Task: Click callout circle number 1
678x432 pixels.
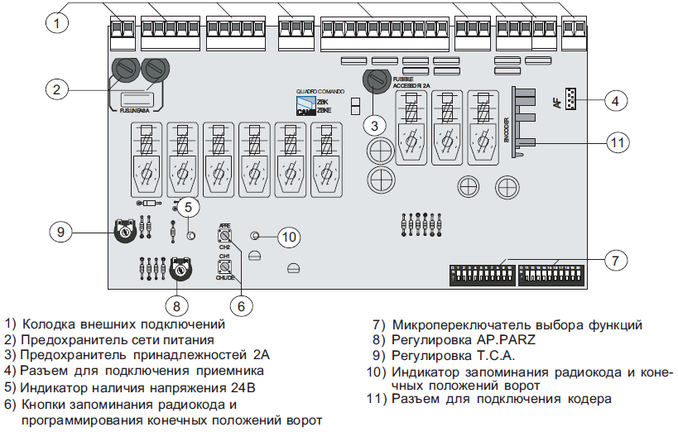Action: click(x=56, y=23)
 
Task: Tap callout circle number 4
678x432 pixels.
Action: click(x=613, y=101)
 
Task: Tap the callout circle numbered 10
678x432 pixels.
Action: click(x=287, y=238)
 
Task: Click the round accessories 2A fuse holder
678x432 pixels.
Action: click(x=377, y=81)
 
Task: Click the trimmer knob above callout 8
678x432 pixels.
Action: click(x=177, y=269)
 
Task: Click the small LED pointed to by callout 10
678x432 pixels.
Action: click(x=255, y=237)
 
